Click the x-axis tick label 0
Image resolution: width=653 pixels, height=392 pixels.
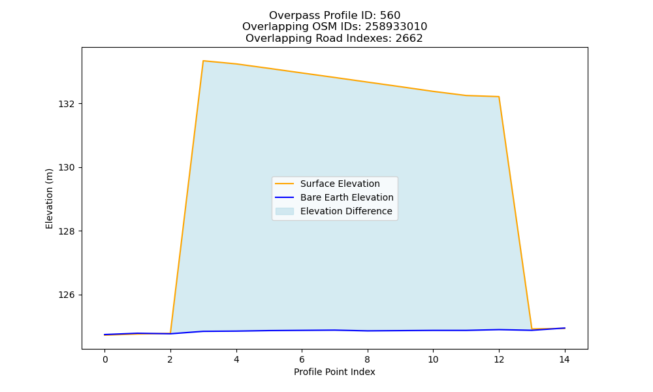tap(105, 359)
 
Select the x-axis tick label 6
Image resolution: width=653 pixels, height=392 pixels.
tap(302, 359)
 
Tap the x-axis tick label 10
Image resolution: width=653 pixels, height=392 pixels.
tap(433, 359)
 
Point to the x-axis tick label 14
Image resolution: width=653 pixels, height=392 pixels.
tap(564, 359)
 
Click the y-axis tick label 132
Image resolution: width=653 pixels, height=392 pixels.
tap(66, 104)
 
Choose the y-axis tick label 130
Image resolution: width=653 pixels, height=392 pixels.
tap(66, 168)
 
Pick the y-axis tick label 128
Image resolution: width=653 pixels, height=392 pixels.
tap(66, 232)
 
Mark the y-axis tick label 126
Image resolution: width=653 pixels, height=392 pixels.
tap(66, 295)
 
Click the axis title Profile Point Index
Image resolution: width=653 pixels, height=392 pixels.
tap(334, 372)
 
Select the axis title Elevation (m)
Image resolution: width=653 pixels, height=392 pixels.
tap(50, 199)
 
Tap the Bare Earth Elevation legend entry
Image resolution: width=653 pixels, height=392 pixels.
tap(334, 197)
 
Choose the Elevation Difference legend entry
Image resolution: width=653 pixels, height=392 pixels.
tap(334, 211)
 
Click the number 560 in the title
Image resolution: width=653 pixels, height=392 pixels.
tap(390, 16)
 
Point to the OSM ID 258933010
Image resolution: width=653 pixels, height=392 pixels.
tap(396, 27)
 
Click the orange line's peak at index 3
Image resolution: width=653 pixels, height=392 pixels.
tap(203, 61)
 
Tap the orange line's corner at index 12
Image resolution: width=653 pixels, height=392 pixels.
tap(499, 97)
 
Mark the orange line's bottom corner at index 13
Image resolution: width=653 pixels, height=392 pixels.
tap(532, 329)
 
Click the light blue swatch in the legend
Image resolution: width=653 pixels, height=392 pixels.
tap(285, 211)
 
